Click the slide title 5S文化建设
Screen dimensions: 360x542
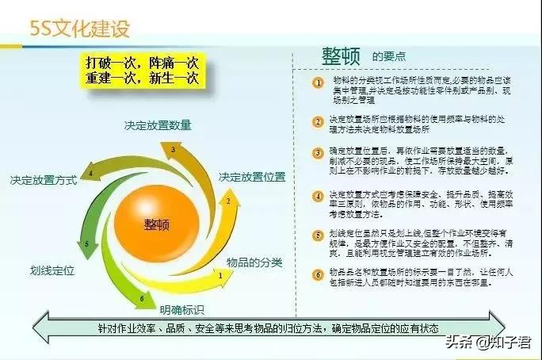[79, 29]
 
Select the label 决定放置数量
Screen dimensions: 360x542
[157, 125]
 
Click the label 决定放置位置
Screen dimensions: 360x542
[252, 175]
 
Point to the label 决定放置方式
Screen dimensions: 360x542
[44, 181]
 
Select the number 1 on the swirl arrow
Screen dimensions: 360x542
[219, 274]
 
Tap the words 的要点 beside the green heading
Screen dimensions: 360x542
[389, 57]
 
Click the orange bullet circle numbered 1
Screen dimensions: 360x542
[318, 82]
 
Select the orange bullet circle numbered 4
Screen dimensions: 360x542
[318, 195]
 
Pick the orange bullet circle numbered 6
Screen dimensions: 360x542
[318, 272]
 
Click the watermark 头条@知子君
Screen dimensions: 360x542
[490, 343]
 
